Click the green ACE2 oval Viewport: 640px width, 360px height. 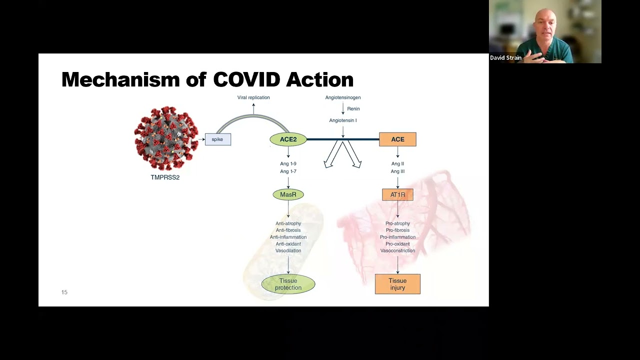click(288, 139)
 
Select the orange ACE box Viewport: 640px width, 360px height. click(397, 139)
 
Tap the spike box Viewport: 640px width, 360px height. click(217, 139)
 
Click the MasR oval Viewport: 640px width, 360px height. click(288, 194)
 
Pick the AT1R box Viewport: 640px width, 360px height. click(397, 194)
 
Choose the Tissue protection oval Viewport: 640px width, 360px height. click(288, 284)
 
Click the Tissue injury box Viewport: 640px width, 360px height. click(397, 284)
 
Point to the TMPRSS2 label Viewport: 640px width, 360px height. click(165, 177)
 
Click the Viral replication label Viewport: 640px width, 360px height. click(253, 97)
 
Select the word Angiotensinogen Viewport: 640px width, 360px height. click(343, 97)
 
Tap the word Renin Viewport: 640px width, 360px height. click(353, 108)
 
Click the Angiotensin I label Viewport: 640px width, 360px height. click(343, 120)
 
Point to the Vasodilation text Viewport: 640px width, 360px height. click(288, 250)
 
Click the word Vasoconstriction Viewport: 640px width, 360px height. click(397, 250)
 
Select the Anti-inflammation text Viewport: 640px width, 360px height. click(288, 237)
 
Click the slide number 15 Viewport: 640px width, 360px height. click(64, 292)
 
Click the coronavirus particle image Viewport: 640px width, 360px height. click(166, 138)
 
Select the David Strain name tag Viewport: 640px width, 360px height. click(505, 58)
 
